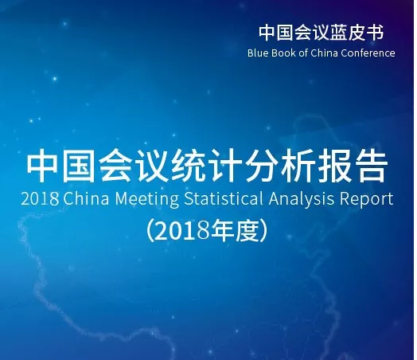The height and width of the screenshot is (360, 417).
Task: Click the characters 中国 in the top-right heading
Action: click(x=277, y=33)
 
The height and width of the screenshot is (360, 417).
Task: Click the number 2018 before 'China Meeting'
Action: click(x=40, y=199)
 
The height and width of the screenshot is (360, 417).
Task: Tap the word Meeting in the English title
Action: click(x=147, y=200)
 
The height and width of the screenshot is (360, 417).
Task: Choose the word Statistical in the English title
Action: click(x=224, y=198)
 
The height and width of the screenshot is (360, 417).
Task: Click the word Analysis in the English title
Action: click(x=302, y=200)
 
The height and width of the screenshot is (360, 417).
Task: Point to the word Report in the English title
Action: click(x=367, y=200)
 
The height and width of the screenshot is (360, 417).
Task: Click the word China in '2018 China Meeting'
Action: click(x=86, y=198)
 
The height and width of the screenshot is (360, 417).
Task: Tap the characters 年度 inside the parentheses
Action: click(x=234, y=230)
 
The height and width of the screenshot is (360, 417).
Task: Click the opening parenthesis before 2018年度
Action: click(x=150, y=230)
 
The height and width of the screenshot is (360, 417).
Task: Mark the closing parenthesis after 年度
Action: click(x=264, y=230)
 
